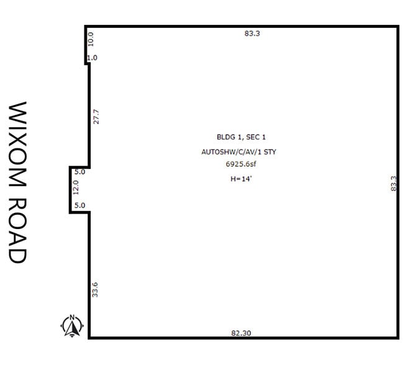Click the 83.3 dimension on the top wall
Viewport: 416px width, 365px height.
[252, 34]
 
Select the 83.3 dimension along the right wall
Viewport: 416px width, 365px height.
[392, 184]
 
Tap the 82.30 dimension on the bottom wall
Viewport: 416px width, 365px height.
[241, 333]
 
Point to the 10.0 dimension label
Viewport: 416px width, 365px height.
[91, 39]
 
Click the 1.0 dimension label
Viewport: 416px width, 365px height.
[93, 58]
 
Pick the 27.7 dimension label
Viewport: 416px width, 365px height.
[96, 117]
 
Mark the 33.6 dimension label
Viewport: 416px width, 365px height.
[96, 289]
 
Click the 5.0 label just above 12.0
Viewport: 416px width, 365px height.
[79, 172]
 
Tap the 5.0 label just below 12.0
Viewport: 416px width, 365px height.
[79, 205]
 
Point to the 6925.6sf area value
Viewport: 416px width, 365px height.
[242, 165]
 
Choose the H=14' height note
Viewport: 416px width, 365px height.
[240, 179]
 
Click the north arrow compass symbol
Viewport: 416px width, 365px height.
[72, 325]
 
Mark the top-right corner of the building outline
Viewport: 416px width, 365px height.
[398, 27]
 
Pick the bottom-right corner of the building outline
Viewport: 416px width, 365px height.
[398, 338]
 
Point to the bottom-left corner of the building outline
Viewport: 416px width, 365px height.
[90, 338]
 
